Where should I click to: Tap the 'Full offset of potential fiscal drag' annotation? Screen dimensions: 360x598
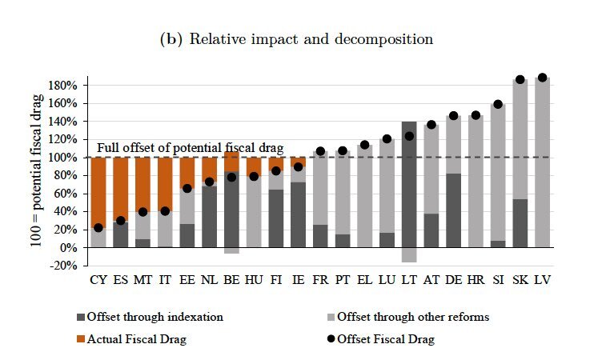[190, 149]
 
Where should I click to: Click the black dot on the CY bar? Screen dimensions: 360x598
[98, 228]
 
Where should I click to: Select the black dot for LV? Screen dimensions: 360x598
[542, 78]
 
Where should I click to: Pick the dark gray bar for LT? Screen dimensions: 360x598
[410, 184]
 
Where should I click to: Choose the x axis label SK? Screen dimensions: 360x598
[520, 281]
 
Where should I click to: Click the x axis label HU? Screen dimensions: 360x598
[254, 281]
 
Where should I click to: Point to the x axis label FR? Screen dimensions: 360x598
[320, 281]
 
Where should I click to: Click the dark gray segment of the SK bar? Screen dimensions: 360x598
[520, 223]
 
